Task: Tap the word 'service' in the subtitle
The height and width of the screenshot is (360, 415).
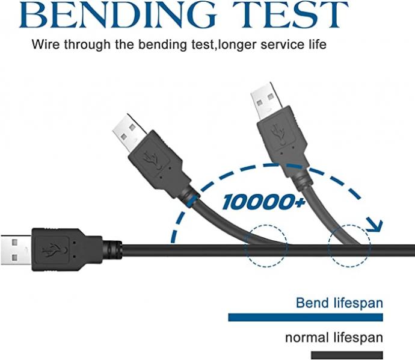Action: click(x=282, y=45)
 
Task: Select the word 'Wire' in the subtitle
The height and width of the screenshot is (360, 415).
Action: click(x=46, y=45)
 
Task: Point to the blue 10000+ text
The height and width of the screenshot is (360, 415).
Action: click(x=263, y=202)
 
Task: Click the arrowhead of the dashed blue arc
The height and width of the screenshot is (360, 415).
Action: click(x=374, y=225)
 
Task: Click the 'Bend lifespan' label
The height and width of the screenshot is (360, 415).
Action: click(x=339, y=303)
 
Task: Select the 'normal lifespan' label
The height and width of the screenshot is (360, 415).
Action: click(x=334, y=338)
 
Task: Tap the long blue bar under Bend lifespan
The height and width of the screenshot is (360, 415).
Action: click(x=306, y=317)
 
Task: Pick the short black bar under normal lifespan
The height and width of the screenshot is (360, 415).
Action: click(x=347, y=355)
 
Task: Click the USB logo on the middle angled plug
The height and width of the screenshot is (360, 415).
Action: click(x=153, y=160)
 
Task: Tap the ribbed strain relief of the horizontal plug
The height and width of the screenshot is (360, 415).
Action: click(x=112, y=250)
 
